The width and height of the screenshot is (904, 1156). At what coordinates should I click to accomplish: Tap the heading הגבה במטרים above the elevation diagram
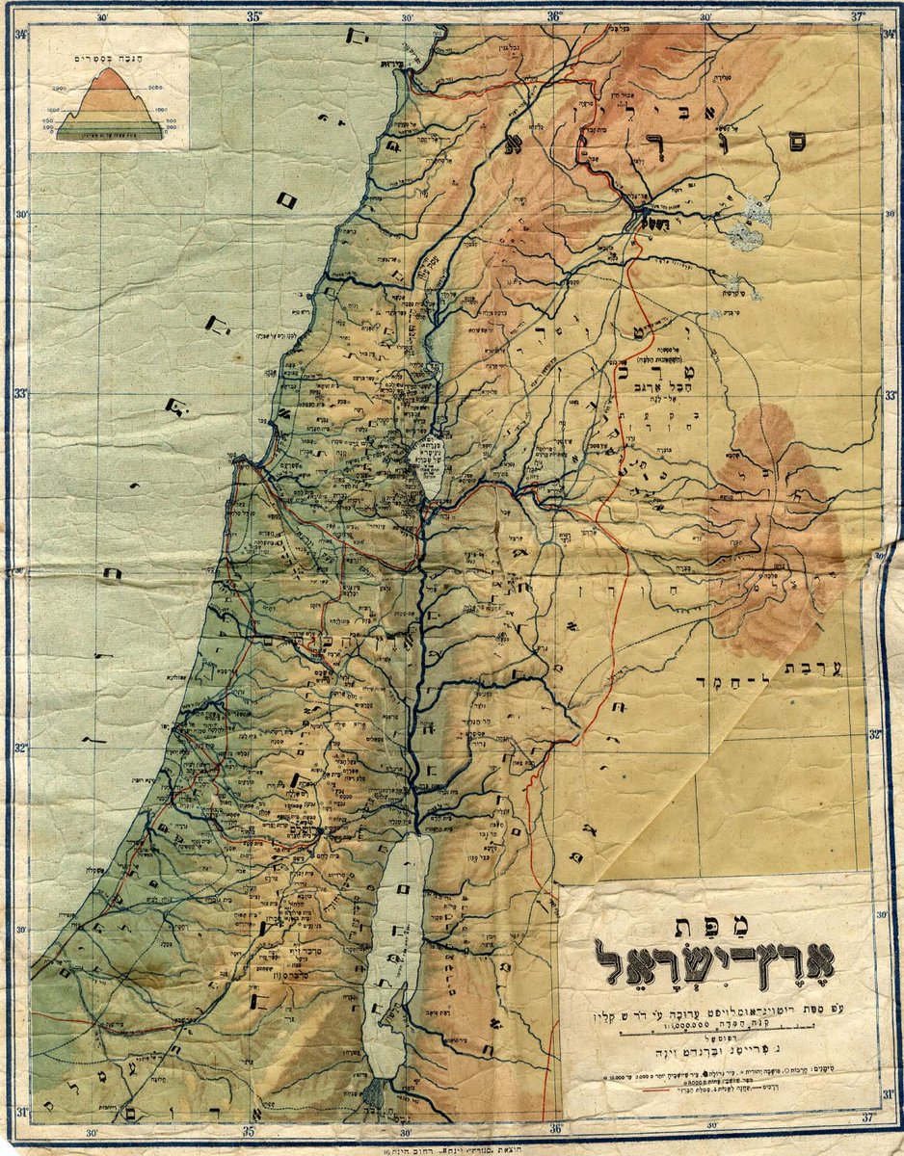109,58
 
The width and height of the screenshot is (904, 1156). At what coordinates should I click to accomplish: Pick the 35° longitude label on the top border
254,16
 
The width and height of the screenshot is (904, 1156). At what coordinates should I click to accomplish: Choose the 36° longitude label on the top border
556,16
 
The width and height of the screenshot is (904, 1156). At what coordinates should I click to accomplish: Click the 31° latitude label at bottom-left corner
20,1111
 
